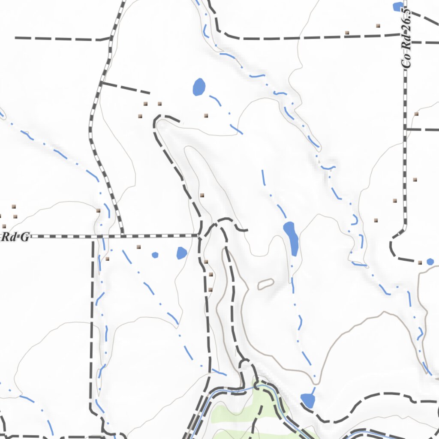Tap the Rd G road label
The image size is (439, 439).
click(15, 237)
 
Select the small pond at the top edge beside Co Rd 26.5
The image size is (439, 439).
click(398, 6)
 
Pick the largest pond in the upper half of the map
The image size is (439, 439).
click(199, 87)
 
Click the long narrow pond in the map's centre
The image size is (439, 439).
click(291, 238)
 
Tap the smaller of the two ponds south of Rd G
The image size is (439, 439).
click(155, 255)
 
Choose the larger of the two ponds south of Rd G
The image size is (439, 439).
click(182, 253)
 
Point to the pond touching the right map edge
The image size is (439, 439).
click(430, 262)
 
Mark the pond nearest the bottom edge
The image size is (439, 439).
click(308, 401)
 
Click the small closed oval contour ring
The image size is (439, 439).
click(266, 283)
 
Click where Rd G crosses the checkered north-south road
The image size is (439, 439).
click(122, 235)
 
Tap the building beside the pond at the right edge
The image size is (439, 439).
click(420, 262)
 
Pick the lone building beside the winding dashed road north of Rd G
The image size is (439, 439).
click(202, 195)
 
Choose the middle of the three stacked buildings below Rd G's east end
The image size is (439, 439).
click(210, 274)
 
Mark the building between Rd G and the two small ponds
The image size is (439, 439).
click(138, 247)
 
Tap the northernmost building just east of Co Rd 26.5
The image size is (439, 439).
click(416, 114)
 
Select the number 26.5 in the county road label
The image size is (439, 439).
click(407, 17)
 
